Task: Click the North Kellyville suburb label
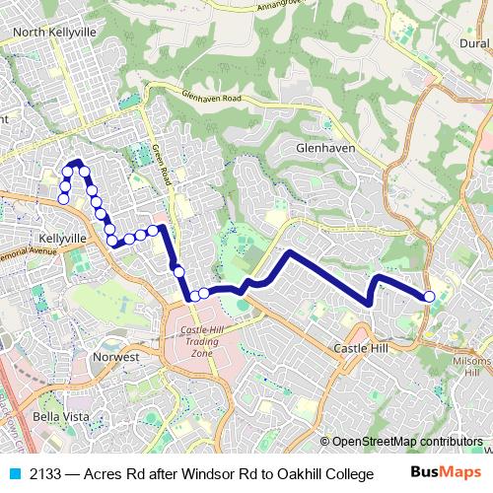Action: (x=54, y=32)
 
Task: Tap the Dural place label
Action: (x=473, y=43)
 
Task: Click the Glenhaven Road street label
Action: (x=211, y=99)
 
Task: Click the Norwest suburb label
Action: (x=115, y=356)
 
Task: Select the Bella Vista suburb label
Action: (x=61, y=416)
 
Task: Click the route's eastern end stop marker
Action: (x=429, y=297)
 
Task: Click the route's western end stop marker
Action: (x=63, y=199)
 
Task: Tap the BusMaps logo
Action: (x=446, y=473)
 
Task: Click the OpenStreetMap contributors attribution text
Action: (x=407, y=442)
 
